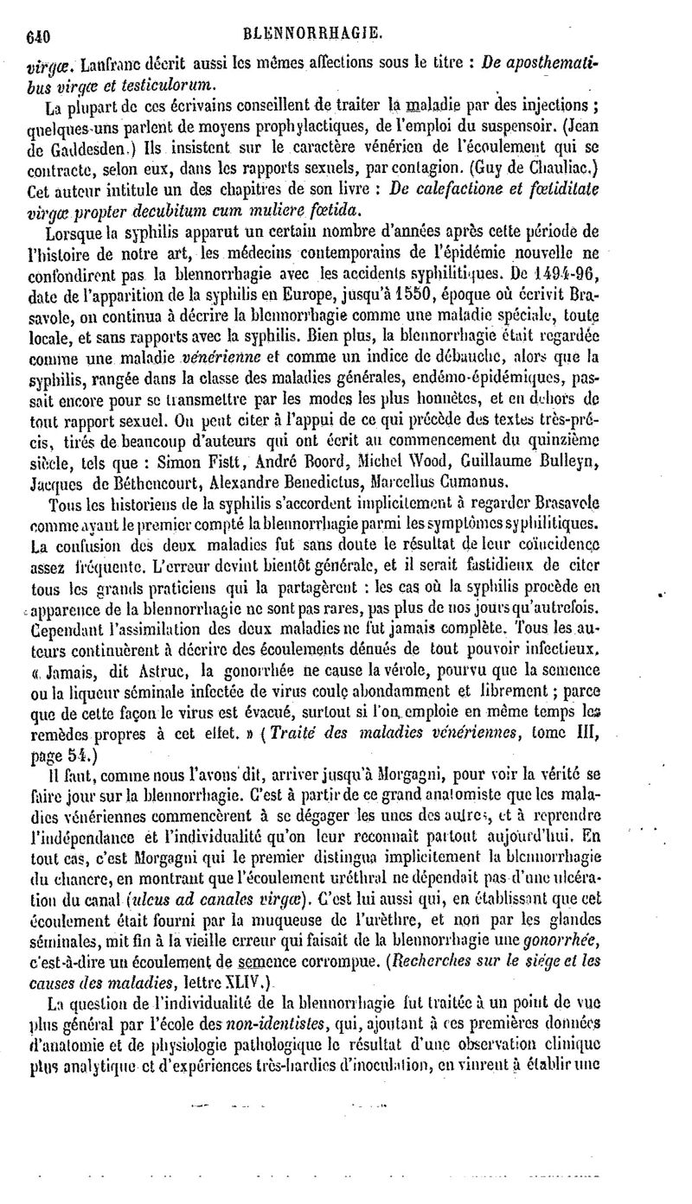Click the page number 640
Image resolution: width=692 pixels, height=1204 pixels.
(x=39, y=35)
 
